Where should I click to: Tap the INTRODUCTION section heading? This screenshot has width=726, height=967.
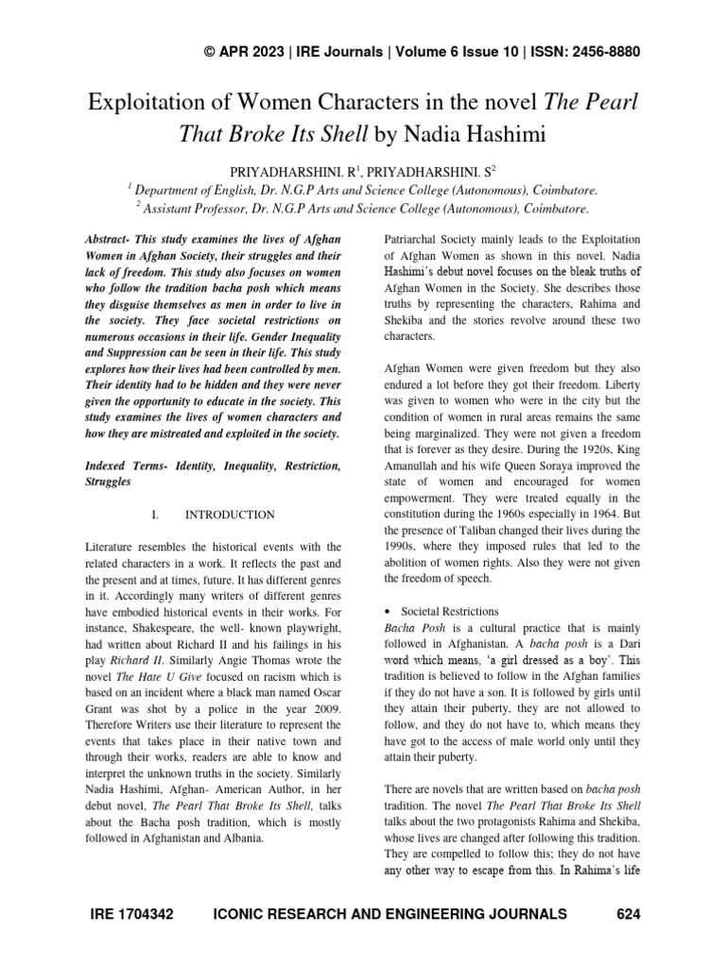[x=230, y=515]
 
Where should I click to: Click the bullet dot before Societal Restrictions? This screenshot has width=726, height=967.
[x=387, y=612]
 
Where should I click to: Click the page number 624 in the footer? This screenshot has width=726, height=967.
[x=629, y=914]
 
